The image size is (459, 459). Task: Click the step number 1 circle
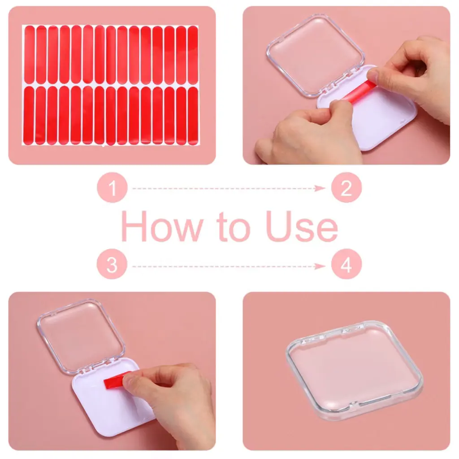click(113, 188)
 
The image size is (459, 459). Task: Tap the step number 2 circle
click(346, 188)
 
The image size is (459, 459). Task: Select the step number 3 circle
click(112, 264)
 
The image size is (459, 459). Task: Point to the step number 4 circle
click(346, 264)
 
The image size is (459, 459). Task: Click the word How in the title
click(162, 226)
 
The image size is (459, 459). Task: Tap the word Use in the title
click(302, 226)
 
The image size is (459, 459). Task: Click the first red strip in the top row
click(30, 55)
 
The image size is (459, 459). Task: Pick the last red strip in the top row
click(193, 55)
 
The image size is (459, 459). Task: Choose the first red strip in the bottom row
click(29, 115)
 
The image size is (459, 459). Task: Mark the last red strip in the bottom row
click(193, 116)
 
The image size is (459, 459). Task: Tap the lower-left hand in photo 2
click(307, 133)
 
